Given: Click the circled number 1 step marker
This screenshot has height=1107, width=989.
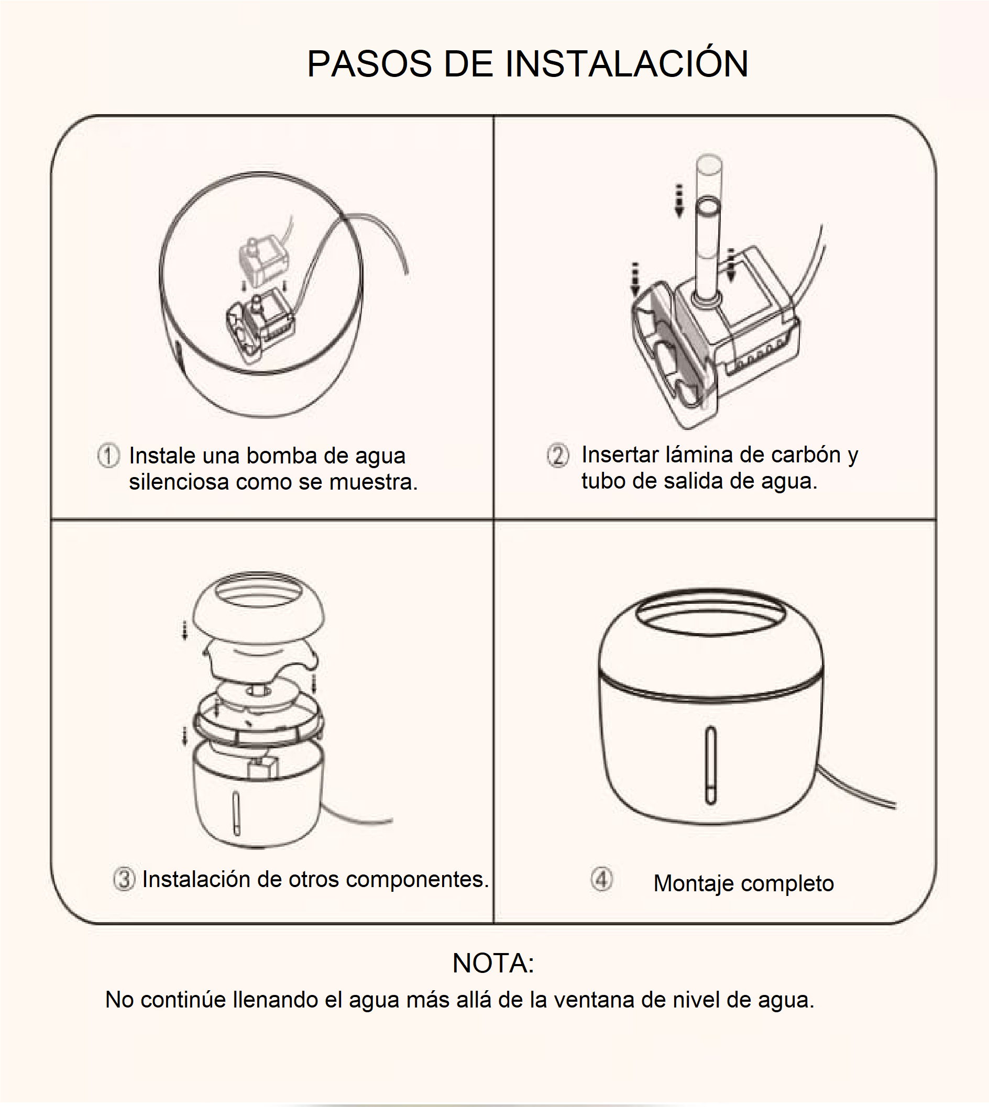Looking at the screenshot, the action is (x=108, y=456).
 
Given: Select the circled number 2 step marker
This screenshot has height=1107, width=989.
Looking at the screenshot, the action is (x=557, y=455).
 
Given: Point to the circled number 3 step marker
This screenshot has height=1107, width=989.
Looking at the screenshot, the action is (x=124, y=879).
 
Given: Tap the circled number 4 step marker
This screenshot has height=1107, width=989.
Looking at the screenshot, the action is (x=601, y=879).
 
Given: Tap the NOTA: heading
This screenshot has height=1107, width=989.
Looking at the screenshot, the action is (x=493, y=963).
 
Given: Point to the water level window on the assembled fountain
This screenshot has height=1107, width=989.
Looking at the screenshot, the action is (x=711, y=765).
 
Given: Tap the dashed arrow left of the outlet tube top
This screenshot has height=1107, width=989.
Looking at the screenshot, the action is (x=679, y=201).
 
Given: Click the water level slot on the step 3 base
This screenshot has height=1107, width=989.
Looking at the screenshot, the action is (x=236, y=813).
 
